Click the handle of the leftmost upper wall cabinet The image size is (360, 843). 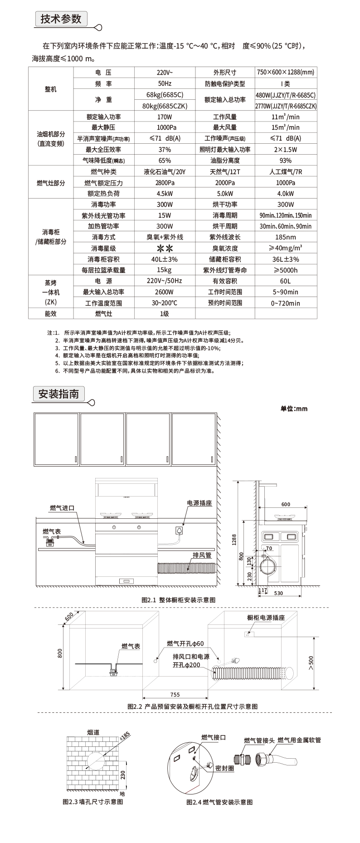click(x=74, y=459)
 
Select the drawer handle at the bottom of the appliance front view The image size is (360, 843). click(x=126, y=580)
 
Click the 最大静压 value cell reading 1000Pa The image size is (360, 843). click(x=165, y=128)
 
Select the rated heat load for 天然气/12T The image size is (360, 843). click(x=225, y=194)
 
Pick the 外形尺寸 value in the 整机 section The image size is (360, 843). click(x=286, y=73)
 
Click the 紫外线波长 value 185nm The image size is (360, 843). click(x=286, y=237)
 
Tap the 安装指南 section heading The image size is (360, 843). click(x=58, y=394)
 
